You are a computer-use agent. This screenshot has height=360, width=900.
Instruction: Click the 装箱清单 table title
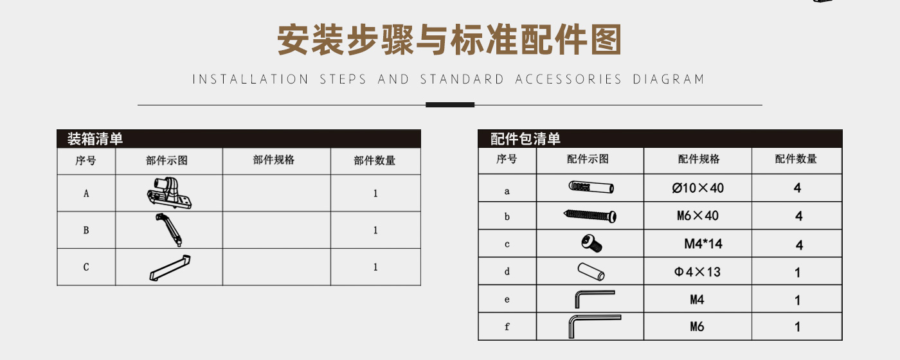[95, 139]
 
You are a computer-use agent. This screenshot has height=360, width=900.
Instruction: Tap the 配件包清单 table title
[525, 139]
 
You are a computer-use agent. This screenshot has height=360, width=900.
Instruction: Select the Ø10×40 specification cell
[697, 188]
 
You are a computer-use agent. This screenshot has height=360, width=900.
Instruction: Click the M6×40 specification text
[697, 216]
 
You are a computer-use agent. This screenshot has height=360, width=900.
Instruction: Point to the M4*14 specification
[703, 244]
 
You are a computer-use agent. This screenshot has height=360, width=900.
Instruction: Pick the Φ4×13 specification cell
[697, 272]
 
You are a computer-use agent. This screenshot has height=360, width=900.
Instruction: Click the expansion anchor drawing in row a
[591, 187]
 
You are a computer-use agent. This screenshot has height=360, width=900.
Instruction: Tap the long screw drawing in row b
[590, 216]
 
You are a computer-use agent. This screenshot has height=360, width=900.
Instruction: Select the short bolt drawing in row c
[591, 243]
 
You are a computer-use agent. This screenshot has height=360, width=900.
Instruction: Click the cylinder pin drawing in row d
[591, 271]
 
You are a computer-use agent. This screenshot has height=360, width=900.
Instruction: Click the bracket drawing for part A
[169, 193]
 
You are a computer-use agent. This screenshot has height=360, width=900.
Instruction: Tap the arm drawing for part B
[169, 230]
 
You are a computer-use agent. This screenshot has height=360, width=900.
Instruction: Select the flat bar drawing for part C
[170, 268]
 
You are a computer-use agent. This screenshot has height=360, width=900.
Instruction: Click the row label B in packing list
[86, 230]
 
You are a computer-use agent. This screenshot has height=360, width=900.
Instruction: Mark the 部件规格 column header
[274, 160]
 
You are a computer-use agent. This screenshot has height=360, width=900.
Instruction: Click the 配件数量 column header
[796, 159]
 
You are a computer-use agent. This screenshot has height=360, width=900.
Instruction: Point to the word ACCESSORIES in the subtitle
[568, 79]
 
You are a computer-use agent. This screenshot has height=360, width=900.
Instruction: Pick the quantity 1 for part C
[375, 267]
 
